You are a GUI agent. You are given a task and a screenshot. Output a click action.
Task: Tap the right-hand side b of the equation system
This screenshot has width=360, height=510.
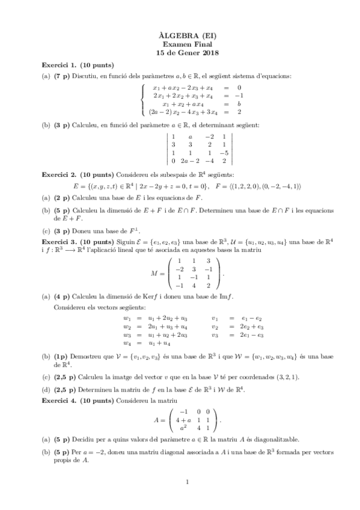[x=239, y=103]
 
